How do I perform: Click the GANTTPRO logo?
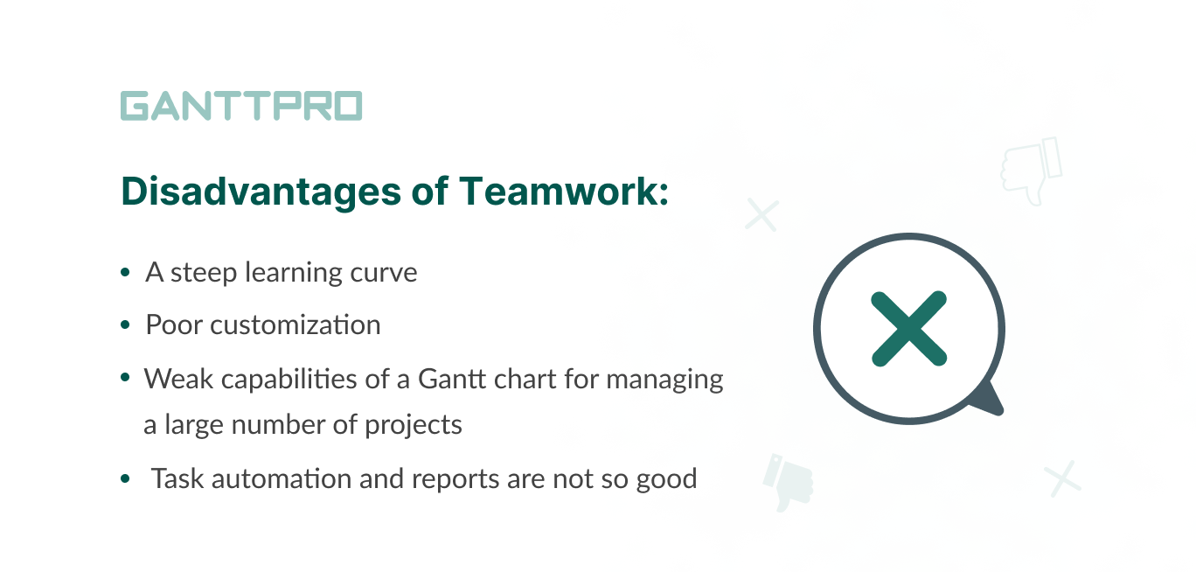tap(240, 106)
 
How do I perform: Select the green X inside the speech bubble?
tap(909, 328)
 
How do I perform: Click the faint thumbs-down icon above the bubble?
tap(1031, 171)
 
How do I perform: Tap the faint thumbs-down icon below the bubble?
tap(788, 482)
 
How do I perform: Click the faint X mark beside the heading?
tap(761, 214)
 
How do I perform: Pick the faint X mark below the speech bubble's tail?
tap(1062, 479)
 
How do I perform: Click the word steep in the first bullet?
tap(205, 273)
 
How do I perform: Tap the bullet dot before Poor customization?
tap(125, 326)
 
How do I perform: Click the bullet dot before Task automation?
tap(125, 480)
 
